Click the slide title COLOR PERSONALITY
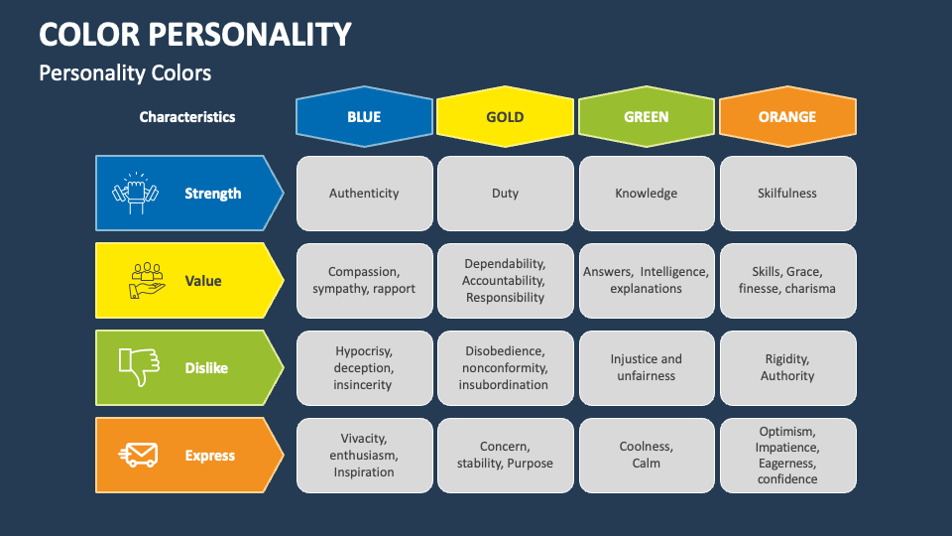coord(195,34)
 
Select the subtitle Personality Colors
coord(125,73)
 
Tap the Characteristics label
coord(187,117)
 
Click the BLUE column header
coord(364,117)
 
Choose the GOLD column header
coord(505,117)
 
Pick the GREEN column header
coord(646,117)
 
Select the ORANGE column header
coord(787,117)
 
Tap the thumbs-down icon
coord(138,367)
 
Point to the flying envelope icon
coord(138,456)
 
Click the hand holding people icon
coord(146,280)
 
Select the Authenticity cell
coord(364,194)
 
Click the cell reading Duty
coord(505,194)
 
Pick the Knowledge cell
coord(646,194)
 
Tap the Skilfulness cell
coord(787,194)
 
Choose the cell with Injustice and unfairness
coord(646,367)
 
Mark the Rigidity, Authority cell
coord(787,367)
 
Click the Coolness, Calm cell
coord(646,455)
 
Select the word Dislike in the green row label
coord(206,368)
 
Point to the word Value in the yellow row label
coord(203,281)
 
